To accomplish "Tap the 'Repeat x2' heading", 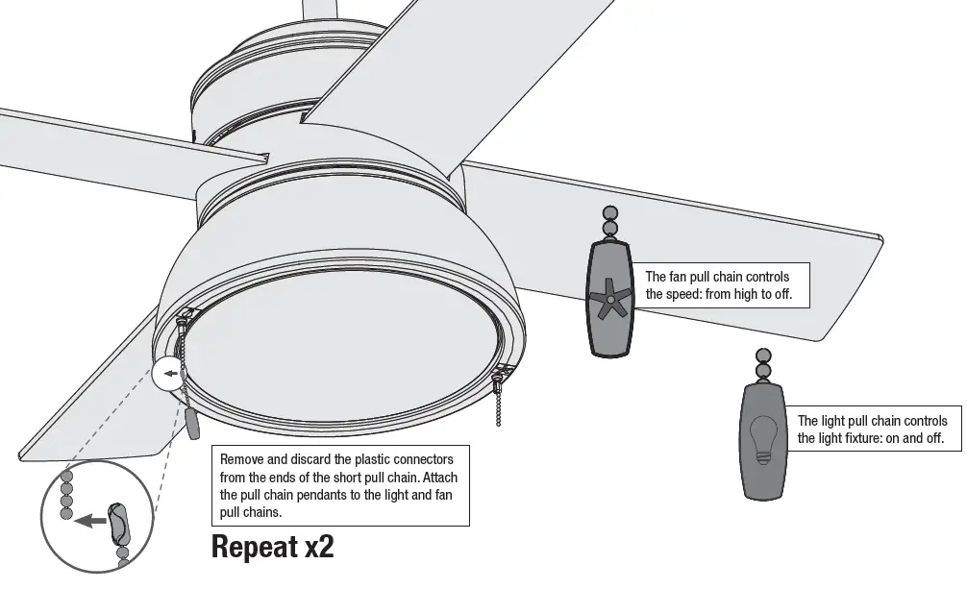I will [x=272, y=548].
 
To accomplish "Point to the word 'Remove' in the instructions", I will [x=242, y=459].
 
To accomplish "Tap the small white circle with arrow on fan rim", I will [x=167, y=374].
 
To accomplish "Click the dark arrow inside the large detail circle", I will [x=90, y=521].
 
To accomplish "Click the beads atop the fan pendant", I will [x=610, y=222].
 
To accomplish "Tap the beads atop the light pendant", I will [x=763, y=363].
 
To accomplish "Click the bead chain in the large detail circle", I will [x=66, y=494].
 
